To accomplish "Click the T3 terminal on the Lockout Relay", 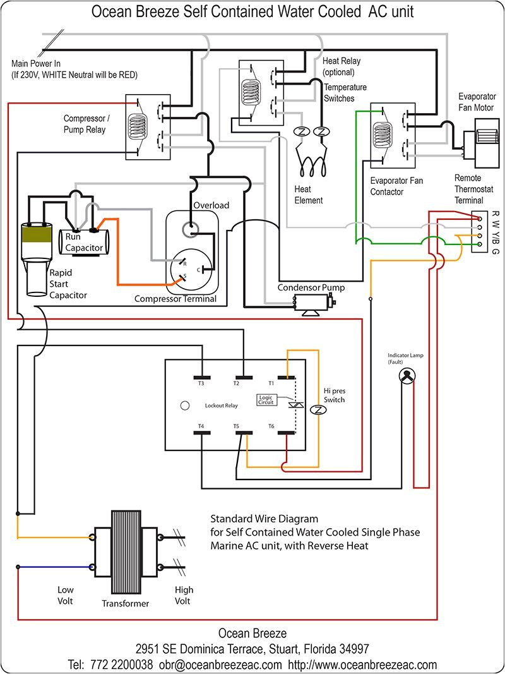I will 201,378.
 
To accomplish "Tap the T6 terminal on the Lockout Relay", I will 287,433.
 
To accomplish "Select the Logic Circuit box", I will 266,399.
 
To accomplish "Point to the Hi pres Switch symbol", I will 319,410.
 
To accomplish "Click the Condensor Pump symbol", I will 311,305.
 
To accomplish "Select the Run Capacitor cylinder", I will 83,241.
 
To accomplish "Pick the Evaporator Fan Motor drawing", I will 479,140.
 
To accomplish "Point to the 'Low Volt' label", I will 66,595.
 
